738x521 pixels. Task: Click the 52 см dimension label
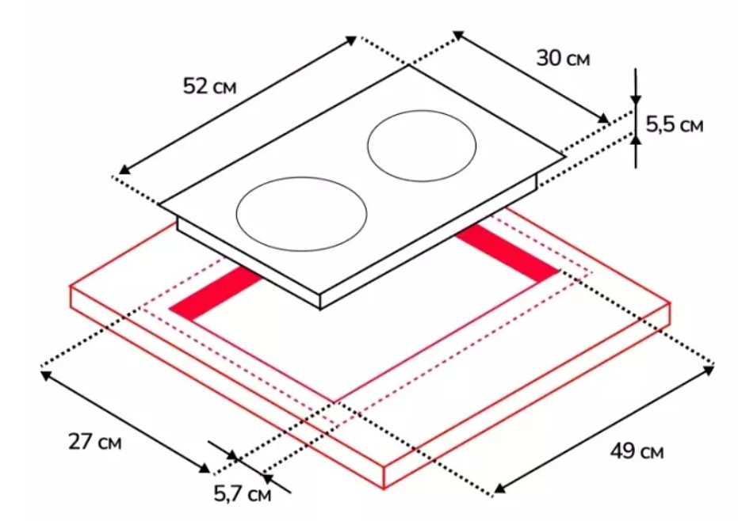(x=209, y=86)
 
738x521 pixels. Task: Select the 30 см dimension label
(x=563, y=58)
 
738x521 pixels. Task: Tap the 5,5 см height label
(x=675, y=124)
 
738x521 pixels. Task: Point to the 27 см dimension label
(x=95, y=442)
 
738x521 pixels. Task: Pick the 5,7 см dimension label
(x=243, y=493)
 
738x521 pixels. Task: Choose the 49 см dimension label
(x=637, y=451)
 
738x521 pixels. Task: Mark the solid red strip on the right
(x=507, y=253)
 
